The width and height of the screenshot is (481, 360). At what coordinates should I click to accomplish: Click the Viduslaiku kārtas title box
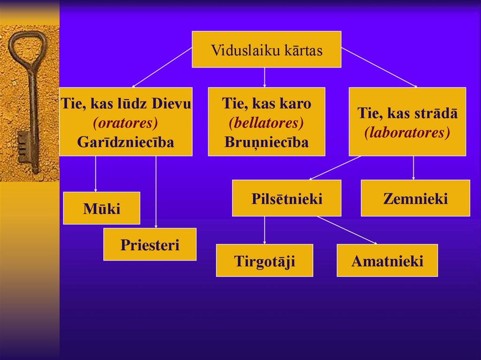point(266,50)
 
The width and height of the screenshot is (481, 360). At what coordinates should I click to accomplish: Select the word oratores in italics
point(125,123)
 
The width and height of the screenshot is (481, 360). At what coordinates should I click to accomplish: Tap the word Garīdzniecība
point(125,142)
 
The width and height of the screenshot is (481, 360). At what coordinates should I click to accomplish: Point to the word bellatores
point(266,123)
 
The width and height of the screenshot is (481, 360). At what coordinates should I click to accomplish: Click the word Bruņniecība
point(266,142)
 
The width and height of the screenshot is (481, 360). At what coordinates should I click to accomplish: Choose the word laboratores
point(407,132)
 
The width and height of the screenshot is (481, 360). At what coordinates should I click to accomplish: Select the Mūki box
point(101,208)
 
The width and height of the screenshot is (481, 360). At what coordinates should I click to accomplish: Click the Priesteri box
point(150,245)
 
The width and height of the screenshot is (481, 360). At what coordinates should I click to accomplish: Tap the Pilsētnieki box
point(287,199)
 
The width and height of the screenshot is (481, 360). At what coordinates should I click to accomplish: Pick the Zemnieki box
point(415,199)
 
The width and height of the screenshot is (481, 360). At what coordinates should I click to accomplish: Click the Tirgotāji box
point(264,260)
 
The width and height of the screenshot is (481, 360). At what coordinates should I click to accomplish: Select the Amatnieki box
point(387,260)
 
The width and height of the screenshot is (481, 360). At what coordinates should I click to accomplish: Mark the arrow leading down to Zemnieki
point(413,168)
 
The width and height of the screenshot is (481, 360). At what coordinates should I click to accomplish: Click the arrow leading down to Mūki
point(96,174)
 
